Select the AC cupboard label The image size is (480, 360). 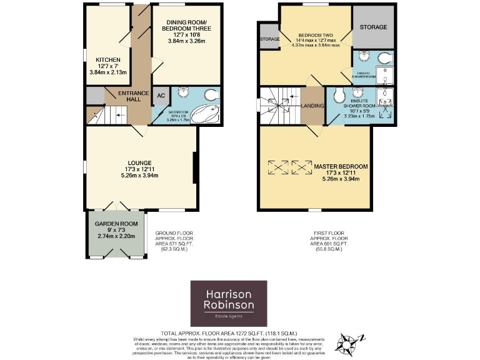pyautogui.click(x=160, y=96)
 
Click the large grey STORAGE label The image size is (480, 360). pyautogui.click(x=373, y=27)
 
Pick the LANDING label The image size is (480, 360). pyautogui.click(x=312, y=106)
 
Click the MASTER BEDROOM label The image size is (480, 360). pyautogui.click(x=341, y=167)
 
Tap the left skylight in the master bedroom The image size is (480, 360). pyautogui.click(x=279, y=167)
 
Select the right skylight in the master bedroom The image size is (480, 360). pyautogui.click(x=304, y=167)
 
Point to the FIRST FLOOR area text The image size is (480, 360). pyautogui.click(x=328, y=241)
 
